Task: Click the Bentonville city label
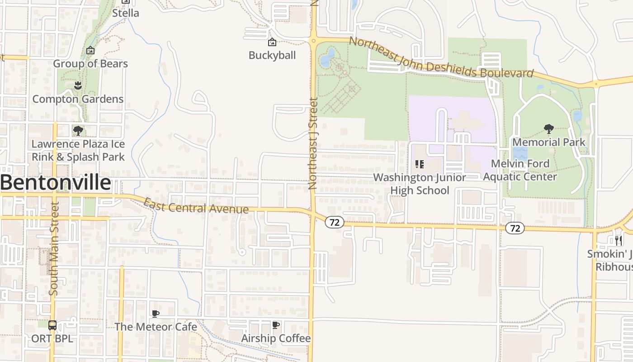click(55, 183)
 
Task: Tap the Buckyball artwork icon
click(272, 43)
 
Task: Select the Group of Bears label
click(90, 64)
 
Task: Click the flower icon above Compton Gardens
click(78, 85)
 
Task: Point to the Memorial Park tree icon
click(549, 129)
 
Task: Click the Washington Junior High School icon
click(419, 164)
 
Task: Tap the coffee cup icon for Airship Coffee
click(276, 325)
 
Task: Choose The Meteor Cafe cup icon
click(156, 314)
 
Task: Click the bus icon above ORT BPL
click(52, 325)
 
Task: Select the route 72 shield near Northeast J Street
click(334, 222)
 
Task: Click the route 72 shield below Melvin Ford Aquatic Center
click(515, 228)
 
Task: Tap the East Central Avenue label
click(196, 207)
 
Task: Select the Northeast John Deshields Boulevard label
click(441, 58)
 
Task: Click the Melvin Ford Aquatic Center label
click(520, 170)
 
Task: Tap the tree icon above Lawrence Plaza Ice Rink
click(78, 131)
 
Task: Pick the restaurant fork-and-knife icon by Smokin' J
click(619, 240)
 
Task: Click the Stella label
click(126, 13)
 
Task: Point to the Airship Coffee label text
click(276, 338)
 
